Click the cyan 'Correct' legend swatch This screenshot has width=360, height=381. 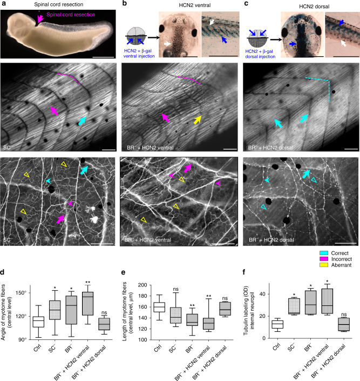coord(324,253)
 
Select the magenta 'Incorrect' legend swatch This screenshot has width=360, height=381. coord(324,259)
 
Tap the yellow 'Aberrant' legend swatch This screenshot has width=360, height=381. coord(324,265)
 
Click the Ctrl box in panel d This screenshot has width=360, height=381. coord(38,322)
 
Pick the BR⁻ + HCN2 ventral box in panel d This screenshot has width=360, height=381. coord(88,304)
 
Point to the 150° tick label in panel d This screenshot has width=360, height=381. coord(22,293)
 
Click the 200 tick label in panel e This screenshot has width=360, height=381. coord(142,285)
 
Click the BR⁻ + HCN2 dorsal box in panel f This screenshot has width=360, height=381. coord(343,324)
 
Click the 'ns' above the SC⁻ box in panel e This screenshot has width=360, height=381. coord(176,289)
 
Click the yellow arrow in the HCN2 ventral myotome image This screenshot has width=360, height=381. coord(198,120)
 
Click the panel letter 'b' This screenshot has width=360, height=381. coord(125,4)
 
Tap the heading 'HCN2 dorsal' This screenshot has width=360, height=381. coord(314,6)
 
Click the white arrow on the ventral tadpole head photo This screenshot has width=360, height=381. coord(168,44)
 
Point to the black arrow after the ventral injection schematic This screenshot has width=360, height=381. coord(154,37)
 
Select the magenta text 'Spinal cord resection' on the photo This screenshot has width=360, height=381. coord(71,15)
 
